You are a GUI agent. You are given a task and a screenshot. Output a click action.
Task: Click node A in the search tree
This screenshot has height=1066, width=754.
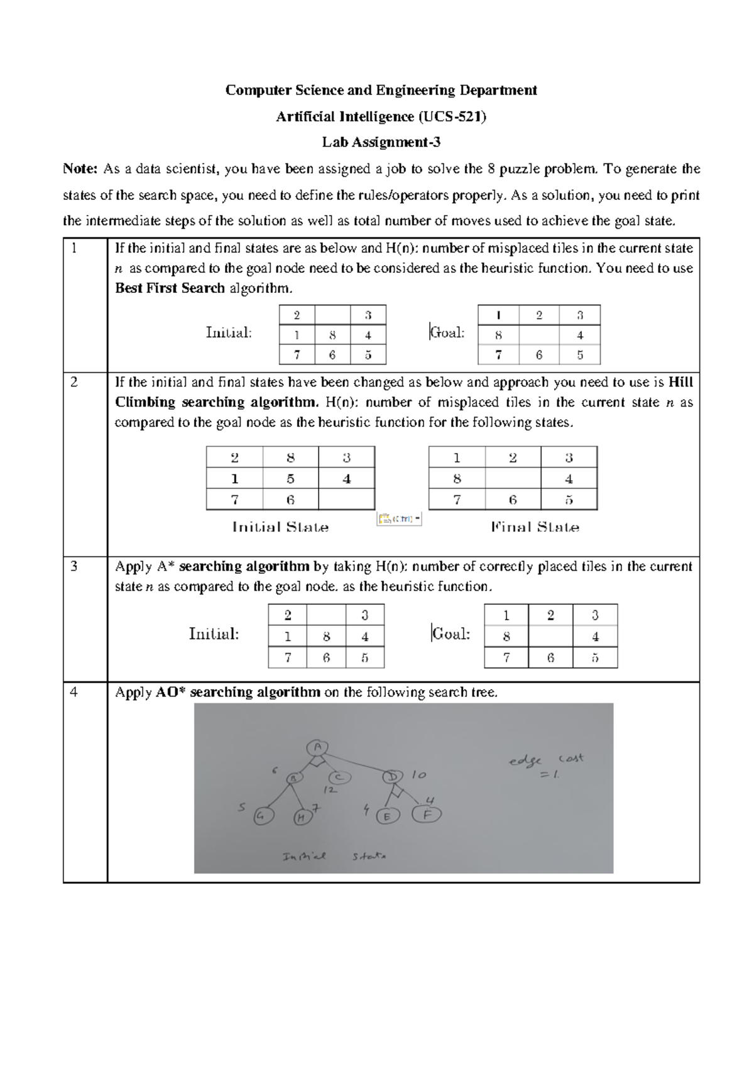317,747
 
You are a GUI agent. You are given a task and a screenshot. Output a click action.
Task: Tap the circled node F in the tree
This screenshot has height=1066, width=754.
427,815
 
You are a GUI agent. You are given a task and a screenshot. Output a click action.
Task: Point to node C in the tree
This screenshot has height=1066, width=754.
339,778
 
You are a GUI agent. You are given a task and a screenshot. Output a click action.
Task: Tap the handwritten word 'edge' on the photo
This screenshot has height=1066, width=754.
525,761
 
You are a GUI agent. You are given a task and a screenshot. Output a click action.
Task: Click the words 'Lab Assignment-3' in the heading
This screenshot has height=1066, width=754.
381,142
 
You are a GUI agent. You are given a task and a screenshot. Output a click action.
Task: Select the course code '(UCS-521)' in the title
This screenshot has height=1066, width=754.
452,116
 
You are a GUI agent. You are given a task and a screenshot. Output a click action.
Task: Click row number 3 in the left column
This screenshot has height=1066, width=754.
74,566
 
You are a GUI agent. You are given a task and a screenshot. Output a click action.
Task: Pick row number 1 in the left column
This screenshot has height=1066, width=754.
74,248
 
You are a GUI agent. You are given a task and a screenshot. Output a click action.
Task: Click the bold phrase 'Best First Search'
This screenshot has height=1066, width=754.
170,288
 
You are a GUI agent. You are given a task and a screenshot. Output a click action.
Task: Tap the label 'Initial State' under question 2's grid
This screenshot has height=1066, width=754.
280,527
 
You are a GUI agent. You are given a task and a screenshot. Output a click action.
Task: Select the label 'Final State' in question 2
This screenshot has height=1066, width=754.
535,527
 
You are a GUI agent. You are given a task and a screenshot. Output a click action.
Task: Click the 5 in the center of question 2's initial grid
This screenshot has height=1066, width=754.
290,479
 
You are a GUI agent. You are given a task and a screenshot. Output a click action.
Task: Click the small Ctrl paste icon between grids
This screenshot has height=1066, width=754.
399,519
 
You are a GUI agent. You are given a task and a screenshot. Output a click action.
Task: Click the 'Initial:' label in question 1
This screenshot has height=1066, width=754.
229,332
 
